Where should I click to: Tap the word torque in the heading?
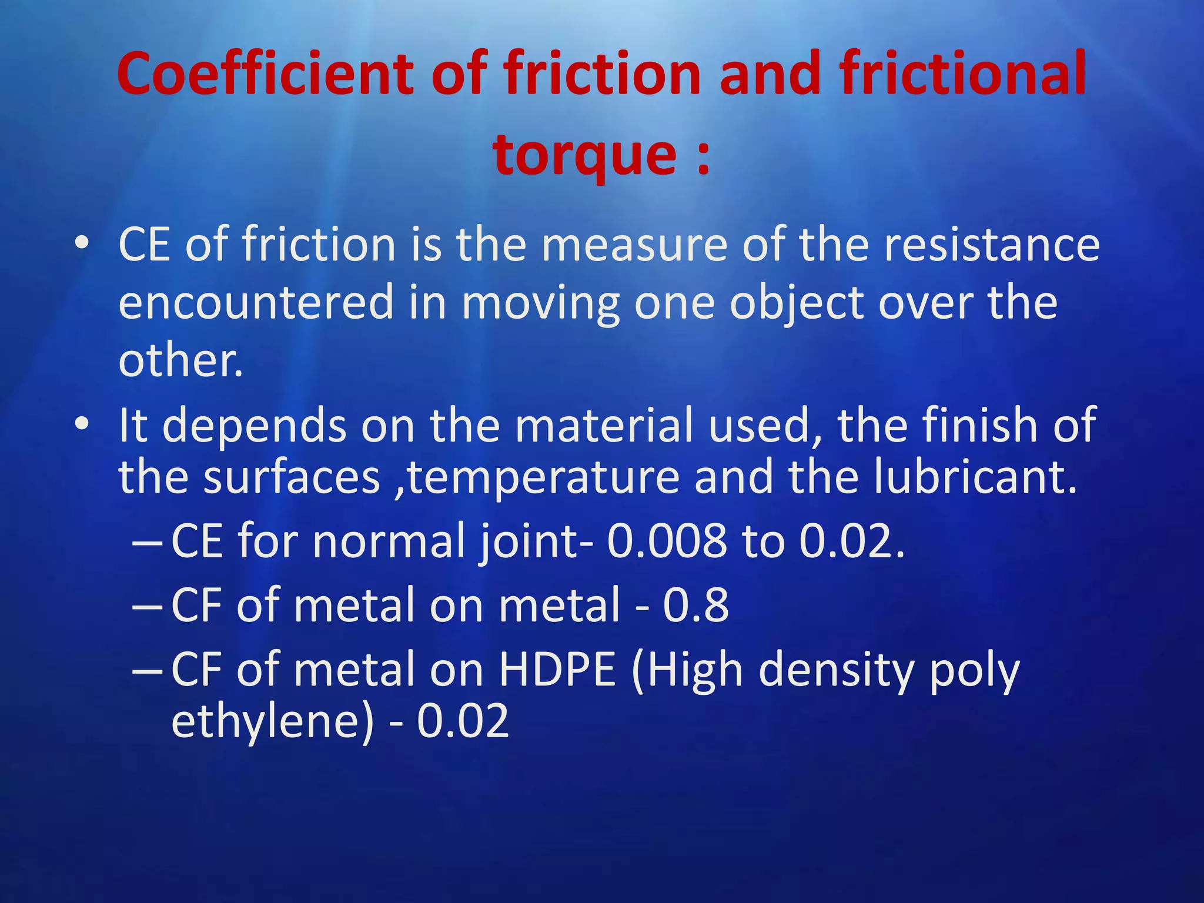click(585, 154)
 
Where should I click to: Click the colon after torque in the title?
click(703, 158)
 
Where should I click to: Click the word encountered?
click(256, 302)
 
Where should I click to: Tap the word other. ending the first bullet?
click(180, 360)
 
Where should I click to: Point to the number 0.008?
click(667, 541)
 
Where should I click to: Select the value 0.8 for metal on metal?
click(695, 605)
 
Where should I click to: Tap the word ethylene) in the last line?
click(272, 722)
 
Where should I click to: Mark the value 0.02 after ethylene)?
click(463, 722)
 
